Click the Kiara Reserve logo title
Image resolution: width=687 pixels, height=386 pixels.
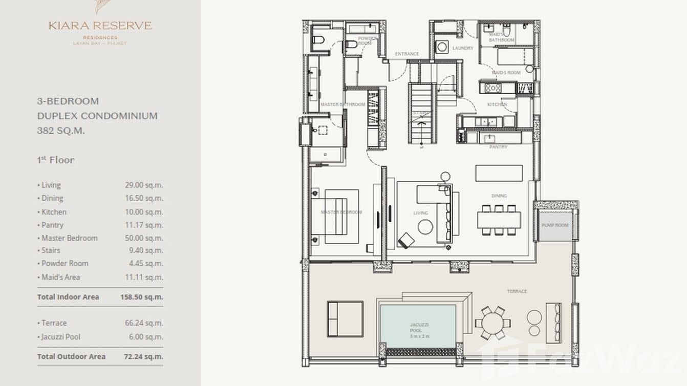click(x=100, y=26)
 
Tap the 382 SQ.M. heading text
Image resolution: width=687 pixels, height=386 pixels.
click(x=61, y=131)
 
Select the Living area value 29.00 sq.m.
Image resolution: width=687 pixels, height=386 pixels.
click(x=144, y=185)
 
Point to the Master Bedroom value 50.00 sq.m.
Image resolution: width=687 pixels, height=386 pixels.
click(x=144, y=238)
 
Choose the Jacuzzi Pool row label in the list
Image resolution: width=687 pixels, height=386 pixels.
click(x=59, y=337)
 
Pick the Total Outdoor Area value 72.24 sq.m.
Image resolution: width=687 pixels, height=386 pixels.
click(x=143, y=356)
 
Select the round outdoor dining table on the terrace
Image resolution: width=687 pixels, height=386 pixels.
click(x=492, y=323)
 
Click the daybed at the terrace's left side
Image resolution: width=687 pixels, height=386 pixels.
click(x=345, y=318)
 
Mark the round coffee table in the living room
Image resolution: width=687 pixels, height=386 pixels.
click(x=425, y=227)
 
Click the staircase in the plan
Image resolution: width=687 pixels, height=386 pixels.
click(x=421, y=114)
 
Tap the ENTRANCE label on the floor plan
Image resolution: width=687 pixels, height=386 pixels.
click(x=407, y=54)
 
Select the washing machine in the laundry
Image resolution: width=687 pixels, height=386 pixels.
click(x=442, y=47)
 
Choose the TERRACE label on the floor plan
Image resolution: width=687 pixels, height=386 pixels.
click(x=517, y=291)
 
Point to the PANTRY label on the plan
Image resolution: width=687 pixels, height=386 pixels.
click(x=498, y=147)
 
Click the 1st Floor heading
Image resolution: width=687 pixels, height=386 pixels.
click(x=56, y=160)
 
